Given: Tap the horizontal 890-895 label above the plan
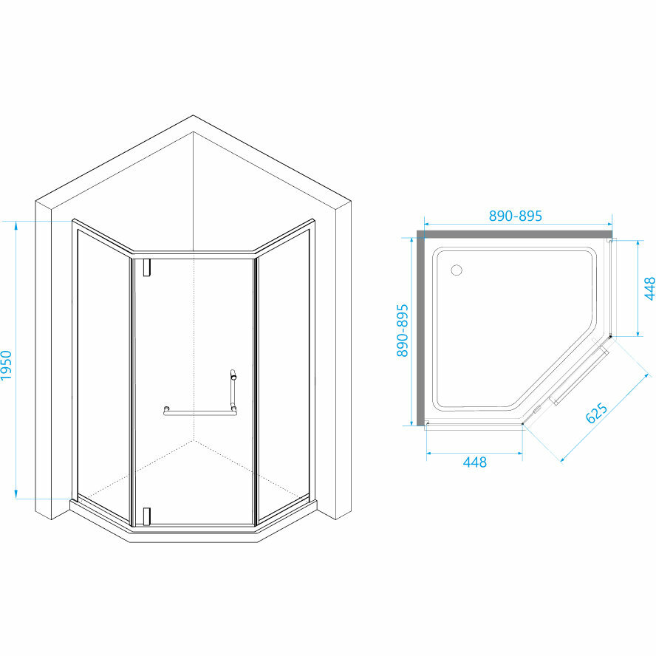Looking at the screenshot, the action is click(x=516, y=216).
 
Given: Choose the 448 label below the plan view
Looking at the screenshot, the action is click(x=474, y=462).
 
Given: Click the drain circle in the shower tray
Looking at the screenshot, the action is click(x=457, y=270).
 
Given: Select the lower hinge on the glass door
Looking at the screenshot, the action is click(x=147, y=515).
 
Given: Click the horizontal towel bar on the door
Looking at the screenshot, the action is click(x=199, y=411).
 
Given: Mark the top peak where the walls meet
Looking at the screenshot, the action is click(x=193, y=117).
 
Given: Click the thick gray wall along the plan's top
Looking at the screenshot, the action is click(x=513, y=234).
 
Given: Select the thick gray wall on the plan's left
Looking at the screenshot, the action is click(x=421, y=329).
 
